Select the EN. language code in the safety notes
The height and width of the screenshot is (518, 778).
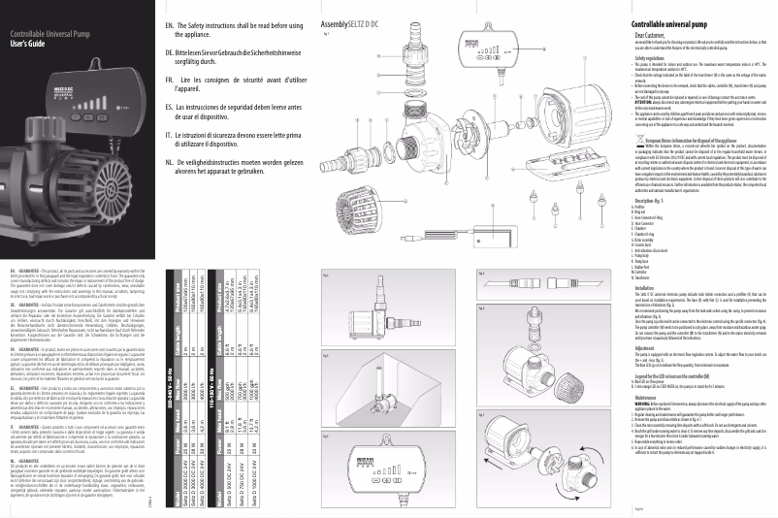click(x=171, y=23)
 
